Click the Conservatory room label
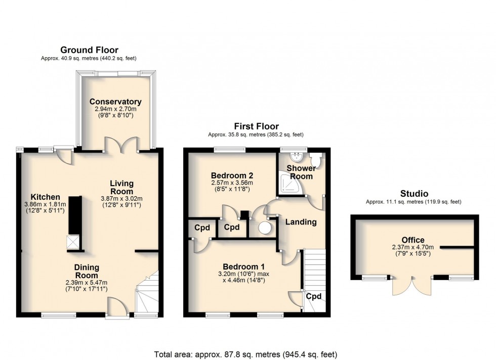[115, 102]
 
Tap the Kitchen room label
[45, 197]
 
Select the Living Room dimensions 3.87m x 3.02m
[121, 199]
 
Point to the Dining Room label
[87, 271]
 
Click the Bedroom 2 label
[232, 175]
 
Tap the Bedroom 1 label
[243, 266]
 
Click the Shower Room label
[301, 172]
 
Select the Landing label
[301, 222]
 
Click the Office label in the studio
[413, 240]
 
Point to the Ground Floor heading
[89, 50]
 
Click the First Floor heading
[256, 126]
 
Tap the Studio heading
[414, 194]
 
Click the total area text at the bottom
[246, 354]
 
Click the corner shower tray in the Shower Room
[289, 183]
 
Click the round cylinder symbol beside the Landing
[265, 228]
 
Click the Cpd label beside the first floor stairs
[314, 296]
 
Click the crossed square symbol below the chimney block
[73, 242]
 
